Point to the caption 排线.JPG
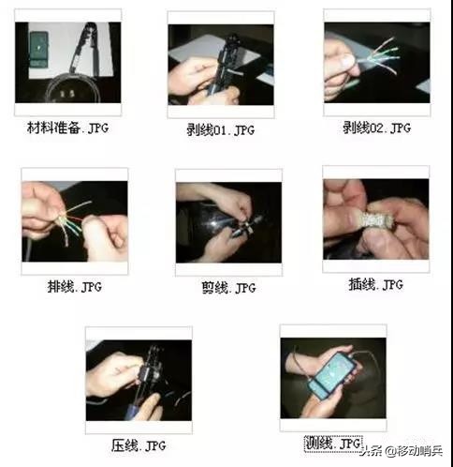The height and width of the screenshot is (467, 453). tap(74, 284)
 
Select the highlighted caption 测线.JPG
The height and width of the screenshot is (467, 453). tap(333, 441)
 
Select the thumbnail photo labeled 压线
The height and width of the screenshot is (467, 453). tap(138, 380)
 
